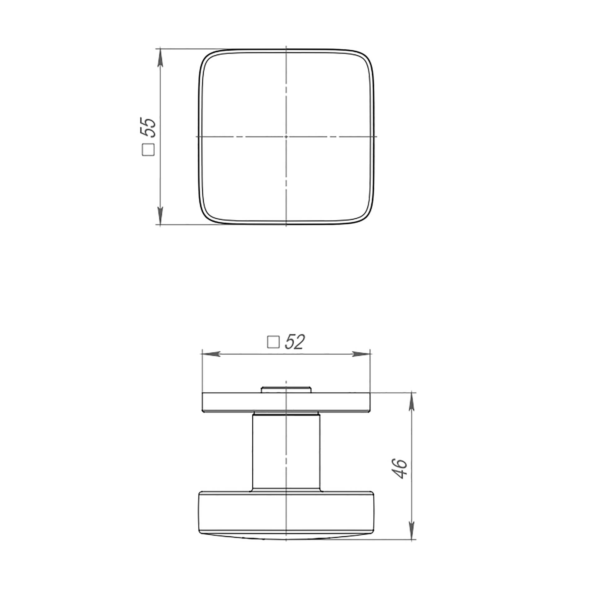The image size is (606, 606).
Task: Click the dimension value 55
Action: pos(148,128)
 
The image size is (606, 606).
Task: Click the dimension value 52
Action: pos(295,342)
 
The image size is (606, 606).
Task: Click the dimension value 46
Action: pos(400,469)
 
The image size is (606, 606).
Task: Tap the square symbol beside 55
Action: pos(148,150)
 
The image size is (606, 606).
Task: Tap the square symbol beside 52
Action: pos(273,342)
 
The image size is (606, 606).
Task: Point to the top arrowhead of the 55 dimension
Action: pos(160,58)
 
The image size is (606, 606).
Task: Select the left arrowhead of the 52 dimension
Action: pos(211,354)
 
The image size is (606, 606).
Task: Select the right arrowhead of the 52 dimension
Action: pos(361,354)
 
